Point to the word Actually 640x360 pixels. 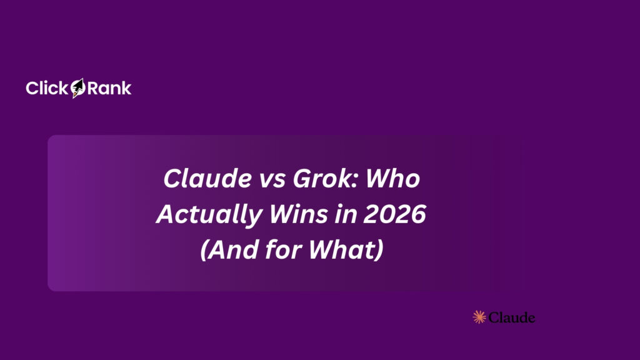pyautogui.click(x=201, y=216)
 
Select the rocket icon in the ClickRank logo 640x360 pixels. pyautogui.click(x=77, y=89)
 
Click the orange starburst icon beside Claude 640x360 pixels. pyautogui.click(x=479, y=317)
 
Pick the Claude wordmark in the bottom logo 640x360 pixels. pyautogui.click(x=512, y=317)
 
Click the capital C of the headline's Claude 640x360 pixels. pyautogui.click(x=171, y=180)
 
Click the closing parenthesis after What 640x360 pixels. pyautogui.click(x=378, y=251)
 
